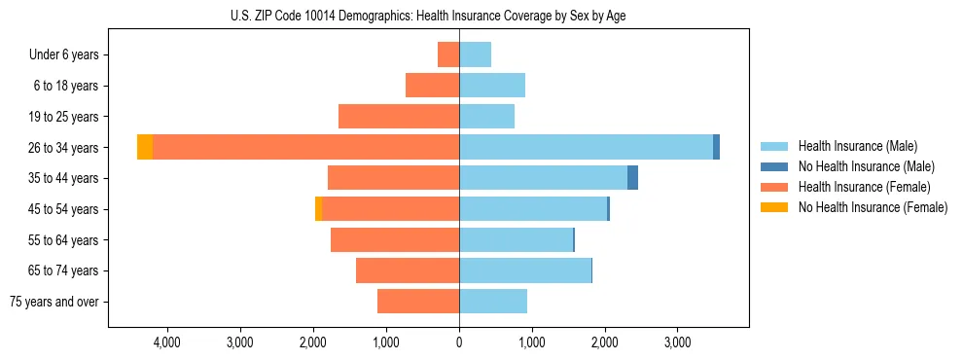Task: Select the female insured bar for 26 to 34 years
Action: pos(305,147)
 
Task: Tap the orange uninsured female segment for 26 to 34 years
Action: pos(145,147)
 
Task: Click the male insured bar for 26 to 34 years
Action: pos(586,147)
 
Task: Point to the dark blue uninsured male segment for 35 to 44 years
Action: pos(632,178)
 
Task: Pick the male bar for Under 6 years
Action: pos(475,54)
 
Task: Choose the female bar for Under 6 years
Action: pos(448,54)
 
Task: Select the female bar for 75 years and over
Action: pos(418,302)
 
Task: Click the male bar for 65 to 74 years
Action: pos(525,270)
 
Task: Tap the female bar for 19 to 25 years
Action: pos(399,117)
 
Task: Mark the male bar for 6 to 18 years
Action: pos(492,86)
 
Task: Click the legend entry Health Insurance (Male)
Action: pos(857,146)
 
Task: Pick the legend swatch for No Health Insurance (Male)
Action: pos(775,166)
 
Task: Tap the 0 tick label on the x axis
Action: pos(459,342)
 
